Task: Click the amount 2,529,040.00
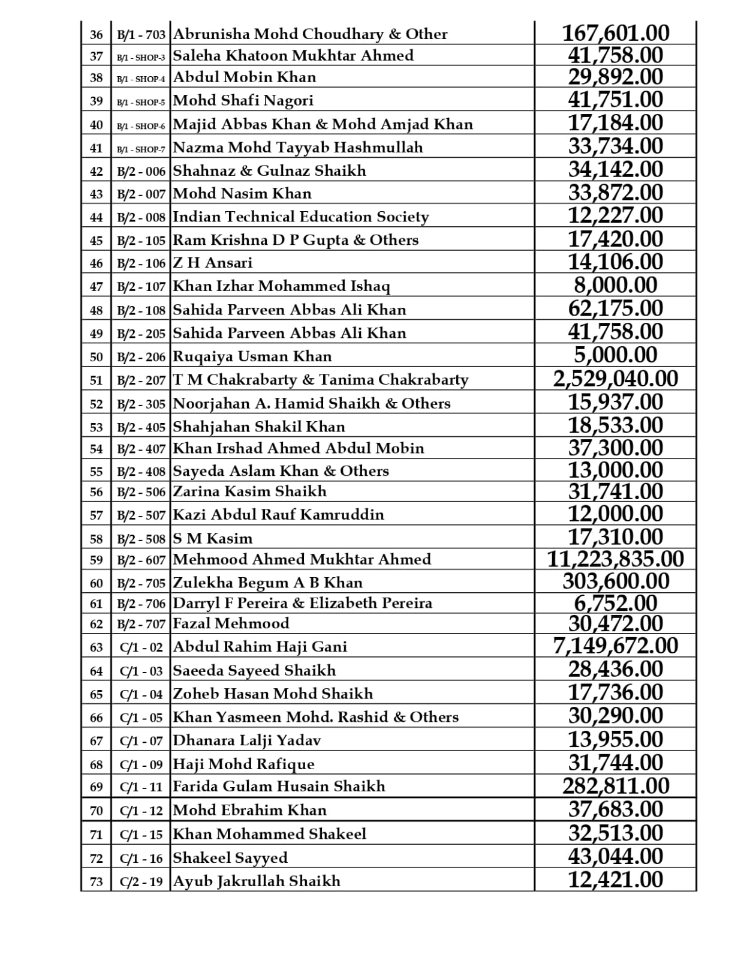point(615,379)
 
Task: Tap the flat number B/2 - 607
point(141,560)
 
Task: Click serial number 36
point(97,34)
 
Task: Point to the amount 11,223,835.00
point(615,559)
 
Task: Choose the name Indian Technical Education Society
point(300,217)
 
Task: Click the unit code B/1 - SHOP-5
point(141,101)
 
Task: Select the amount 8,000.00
point(615,285)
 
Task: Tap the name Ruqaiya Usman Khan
point(252,356)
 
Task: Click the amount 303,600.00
point(615,581)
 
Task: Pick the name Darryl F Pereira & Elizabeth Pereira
point(302,603)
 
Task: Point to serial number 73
point(97,881)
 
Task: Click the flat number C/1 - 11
point(141,787)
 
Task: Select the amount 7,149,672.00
point(615,646)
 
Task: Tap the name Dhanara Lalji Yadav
point(246,740)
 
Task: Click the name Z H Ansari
point(212,263)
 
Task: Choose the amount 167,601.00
point(615,33)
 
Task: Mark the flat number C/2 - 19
point(141,881)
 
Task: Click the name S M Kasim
point(212,538)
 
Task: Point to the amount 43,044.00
point(615,856)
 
